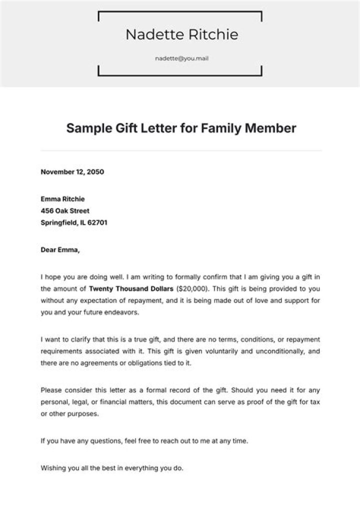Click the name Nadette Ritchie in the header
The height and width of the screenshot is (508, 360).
click(181, 34)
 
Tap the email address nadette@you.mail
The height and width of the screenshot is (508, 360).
click(181, 58)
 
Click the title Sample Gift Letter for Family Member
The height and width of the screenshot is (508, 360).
click(181, 128)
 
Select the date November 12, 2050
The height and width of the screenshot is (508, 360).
click(72, 172)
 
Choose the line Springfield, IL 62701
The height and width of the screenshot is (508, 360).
click(73, 223)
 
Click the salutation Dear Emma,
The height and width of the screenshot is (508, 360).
click(59, 250)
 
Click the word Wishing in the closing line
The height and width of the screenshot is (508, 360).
click(52, 468)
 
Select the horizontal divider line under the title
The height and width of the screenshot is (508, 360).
click(181, 150)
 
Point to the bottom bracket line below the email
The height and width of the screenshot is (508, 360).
click(180, 76)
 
